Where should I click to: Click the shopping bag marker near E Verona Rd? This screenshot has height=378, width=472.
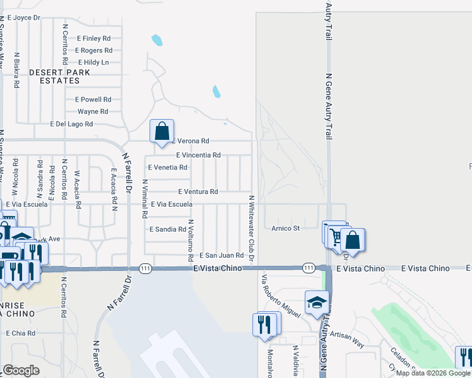[162, 131]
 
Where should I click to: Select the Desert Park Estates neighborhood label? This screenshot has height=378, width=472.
[59, 76]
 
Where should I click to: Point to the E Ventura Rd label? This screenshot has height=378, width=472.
[198, 192]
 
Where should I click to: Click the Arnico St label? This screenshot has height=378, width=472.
[285, 228]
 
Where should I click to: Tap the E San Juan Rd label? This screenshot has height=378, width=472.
[221, 255]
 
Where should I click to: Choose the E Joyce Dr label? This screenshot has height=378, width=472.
[24, 18]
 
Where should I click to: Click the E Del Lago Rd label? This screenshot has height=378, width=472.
[71, 124]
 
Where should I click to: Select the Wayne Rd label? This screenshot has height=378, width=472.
[93, 112]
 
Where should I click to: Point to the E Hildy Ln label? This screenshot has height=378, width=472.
[93, 62]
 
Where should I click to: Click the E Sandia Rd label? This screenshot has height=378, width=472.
[167, 229]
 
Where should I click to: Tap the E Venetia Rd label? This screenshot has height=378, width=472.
[167, 168]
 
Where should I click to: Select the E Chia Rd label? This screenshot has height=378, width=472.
[20, 333]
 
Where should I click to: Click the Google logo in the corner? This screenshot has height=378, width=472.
[21, 370]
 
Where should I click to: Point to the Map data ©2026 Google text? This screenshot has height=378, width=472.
[433, 373]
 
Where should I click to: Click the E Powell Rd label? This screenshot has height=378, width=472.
[93, 100]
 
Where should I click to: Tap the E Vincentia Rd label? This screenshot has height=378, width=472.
[198, 154]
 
